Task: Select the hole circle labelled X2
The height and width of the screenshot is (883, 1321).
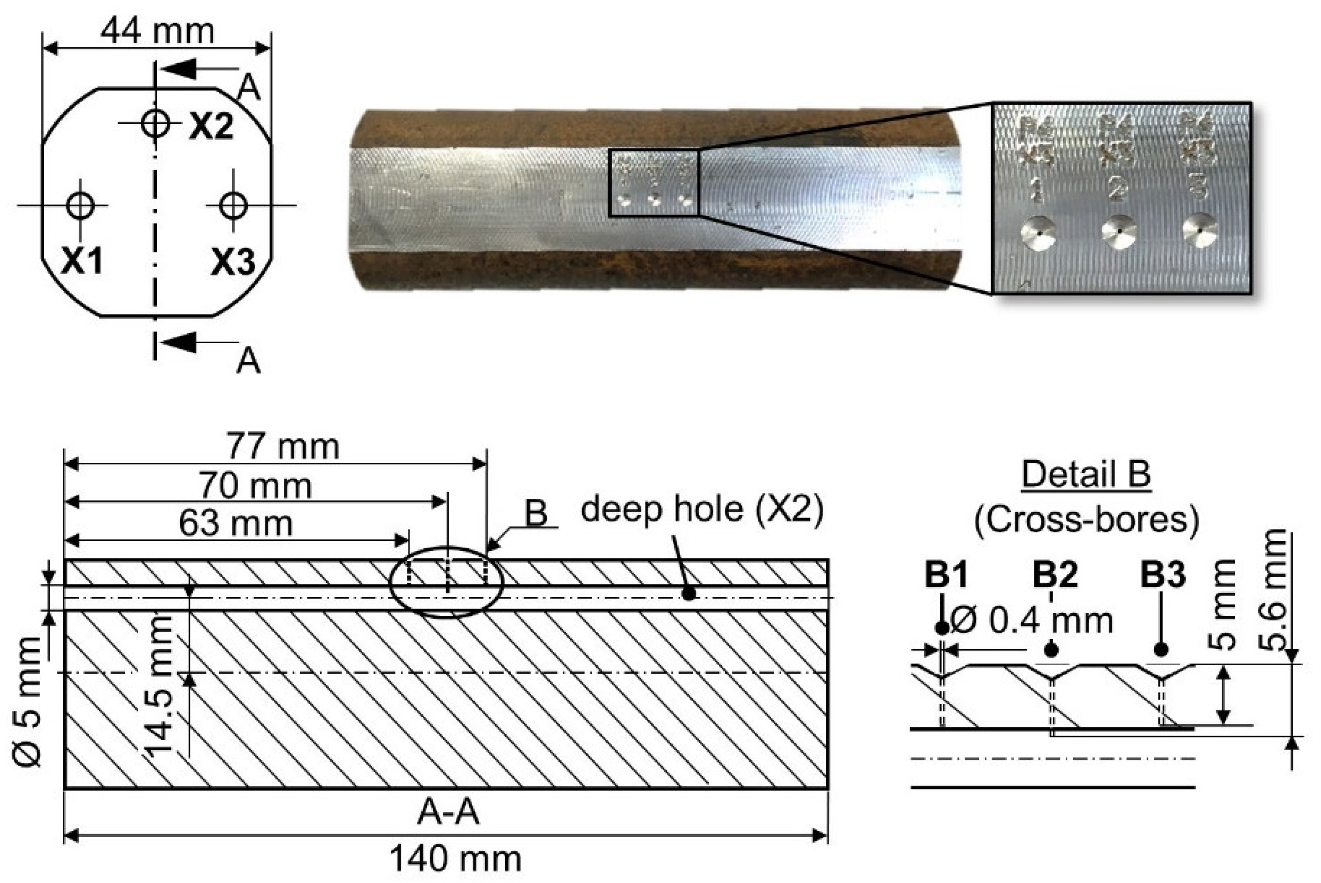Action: (x=155, y=122)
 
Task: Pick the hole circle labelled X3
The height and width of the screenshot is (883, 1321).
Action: (x=233, y=206)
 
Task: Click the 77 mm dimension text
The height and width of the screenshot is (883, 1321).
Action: (x=283, y=447)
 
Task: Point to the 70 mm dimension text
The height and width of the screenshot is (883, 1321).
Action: (x=255, y=486)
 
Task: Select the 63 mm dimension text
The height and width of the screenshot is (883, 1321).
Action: (x=236, y=524)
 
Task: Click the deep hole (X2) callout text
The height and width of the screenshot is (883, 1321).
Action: (x=701, y=509)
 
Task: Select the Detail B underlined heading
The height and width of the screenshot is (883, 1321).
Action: (x=1086, y=474)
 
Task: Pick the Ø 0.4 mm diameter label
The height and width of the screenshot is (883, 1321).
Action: (x=1031, y=621)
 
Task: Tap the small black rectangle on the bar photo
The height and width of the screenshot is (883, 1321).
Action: (x=654, y=183)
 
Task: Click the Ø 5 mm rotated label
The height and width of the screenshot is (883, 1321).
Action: (x=27, y=701)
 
